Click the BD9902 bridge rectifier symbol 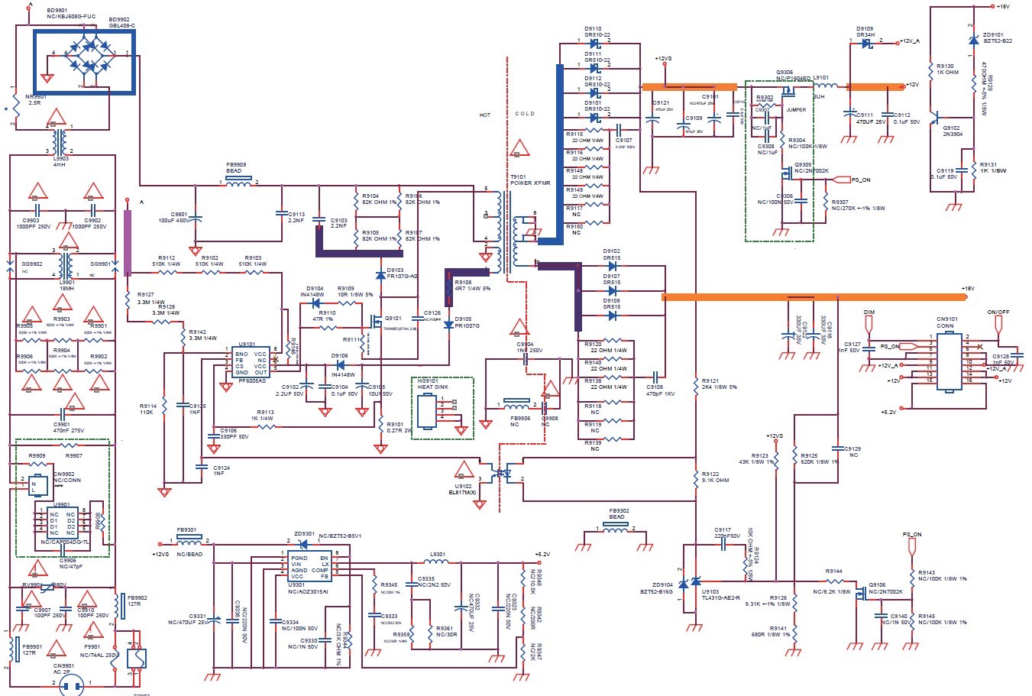84,61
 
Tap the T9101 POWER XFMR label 526,180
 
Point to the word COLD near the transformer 526,114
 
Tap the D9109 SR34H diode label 865,31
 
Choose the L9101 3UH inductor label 820,86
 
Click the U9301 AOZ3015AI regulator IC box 309,568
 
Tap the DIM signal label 869,312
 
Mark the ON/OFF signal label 998,312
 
